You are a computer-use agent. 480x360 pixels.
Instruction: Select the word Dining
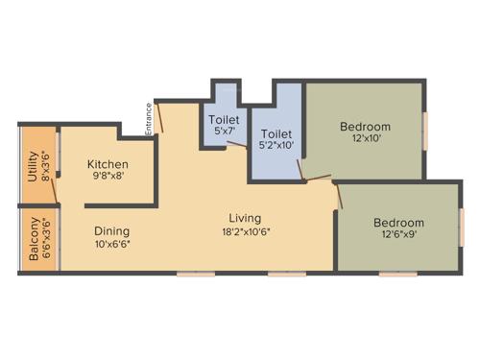pyautogui.click(x=111, y=230)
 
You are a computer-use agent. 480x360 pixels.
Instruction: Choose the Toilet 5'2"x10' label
pyautogui.click(x=276, y=133)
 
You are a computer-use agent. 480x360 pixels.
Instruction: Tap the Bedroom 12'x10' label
pyautogui.click(x=365, y=127)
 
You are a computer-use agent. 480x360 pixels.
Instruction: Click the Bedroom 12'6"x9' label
pyautogui.click(x=398, y=224)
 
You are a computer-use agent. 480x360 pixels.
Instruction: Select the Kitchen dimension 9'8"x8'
pyautogui.click(x=109, y=177)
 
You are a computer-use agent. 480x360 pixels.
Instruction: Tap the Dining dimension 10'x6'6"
pyautogui.click(x=113, y=244)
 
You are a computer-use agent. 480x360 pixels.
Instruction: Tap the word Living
pyautogui.click(x=245, y=218)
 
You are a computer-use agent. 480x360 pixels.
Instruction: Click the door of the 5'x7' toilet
pyautogui.click(x=235, y=146)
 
